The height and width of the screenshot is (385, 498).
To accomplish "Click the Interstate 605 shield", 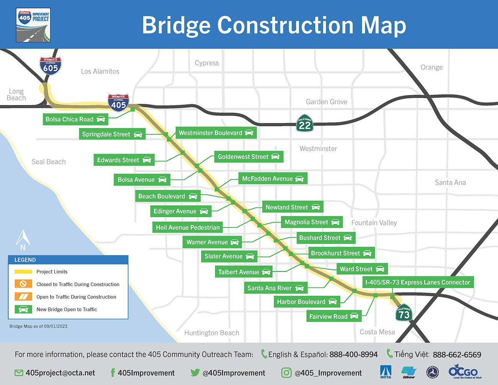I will (51, 66).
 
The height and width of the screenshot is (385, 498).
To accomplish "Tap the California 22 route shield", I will (305, 123).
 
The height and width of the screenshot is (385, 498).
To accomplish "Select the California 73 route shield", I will (404, 313).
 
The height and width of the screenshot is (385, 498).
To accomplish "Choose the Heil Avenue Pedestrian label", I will (188, 228).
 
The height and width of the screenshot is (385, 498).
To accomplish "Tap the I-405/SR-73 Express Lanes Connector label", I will (418, 282).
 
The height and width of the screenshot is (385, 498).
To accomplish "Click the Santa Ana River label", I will (269, 288).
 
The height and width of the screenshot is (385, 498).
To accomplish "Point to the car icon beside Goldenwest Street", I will (275, 156).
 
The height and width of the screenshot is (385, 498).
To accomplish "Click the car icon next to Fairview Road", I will (354, 316).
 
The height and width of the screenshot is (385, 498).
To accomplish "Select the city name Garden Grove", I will (327, 102).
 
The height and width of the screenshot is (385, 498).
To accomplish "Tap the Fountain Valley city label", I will (374, 223).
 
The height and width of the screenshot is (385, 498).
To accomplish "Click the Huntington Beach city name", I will (212, 333).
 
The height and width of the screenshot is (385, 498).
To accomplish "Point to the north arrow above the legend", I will (23, 240).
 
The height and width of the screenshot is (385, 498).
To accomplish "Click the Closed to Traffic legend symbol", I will (23, 284).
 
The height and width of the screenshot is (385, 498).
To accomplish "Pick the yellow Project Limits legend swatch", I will (23, 272).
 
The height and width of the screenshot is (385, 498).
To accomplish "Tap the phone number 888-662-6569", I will (457, 355).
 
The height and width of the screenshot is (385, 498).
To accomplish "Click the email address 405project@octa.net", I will (60, 373).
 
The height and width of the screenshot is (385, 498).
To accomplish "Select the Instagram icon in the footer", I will (286, 373).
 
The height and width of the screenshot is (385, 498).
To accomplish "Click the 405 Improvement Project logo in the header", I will (33, 25).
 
